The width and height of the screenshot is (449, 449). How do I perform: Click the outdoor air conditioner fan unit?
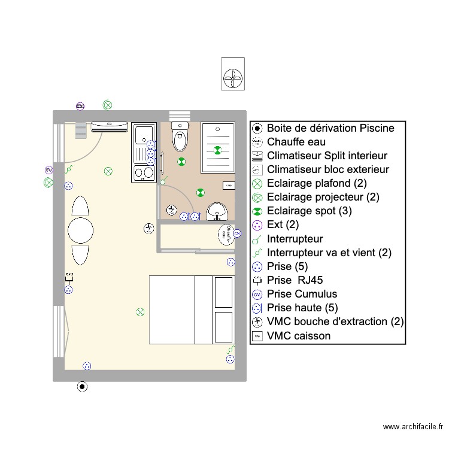click(x=233, y=74)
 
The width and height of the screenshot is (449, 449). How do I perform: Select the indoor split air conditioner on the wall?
click(x=109, y=127)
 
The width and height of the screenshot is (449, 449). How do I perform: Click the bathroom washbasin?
click(x=216, y=211)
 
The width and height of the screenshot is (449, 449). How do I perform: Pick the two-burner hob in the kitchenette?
click(x=143, y=174)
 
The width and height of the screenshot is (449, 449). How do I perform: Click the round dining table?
click(x=80, y=230)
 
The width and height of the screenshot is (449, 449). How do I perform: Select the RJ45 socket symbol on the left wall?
click(x=69, y=277)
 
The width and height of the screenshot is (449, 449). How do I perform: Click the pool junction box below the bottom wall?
click(x=82, y=387)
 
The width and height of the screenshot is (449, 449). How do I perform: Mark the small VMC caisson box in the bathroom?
click(x=229, y=186)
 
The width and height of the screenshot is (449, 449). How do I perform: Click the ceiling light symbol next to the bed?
click(x=140, y=312)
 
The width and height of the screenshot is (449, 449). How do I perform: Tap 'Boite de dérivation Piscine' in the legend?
click(x=330, y=128)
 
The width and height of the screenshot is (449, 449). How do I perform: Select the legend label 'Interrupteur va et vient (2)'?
click(x=329, y=253)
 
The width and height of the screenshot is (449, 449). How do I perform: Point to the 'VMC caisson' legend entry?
click(x=298, y=336)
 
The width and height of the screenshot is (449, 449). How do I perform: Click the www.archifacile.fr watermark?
click(x=413, y=427)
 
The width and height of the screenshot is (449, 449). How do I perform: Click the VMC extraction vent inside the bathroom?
click(x=171, y=210)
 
